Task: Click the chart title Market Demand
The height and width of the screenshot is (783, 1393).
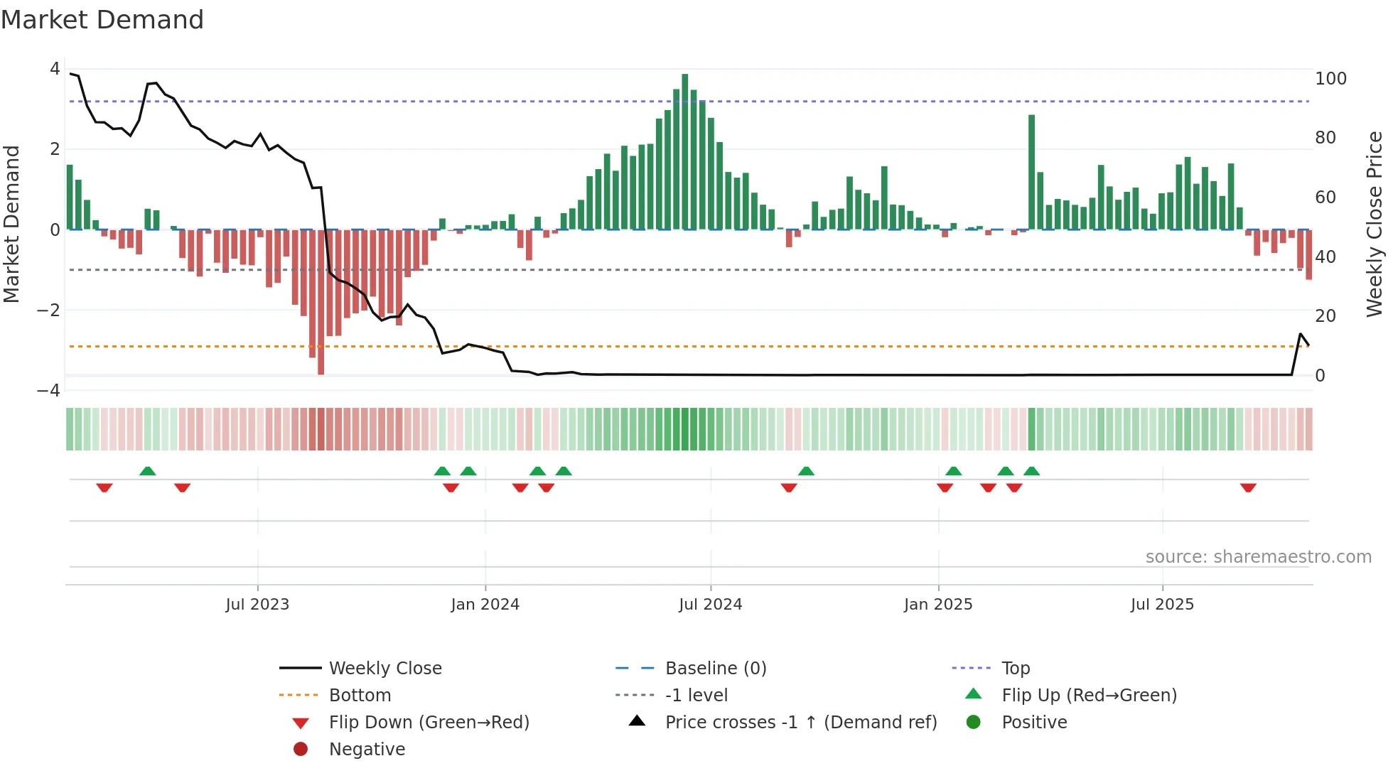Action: click(x=102, y=20)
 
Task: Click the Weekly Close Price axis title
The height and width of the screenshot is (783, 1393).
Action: click(x=1375, y=224)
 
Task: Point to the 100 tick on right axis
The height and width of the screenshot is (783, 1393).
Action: click(x=1330, y=79)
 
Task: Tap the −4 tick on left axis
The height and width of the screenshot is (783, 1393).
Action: click(x=48, y=390)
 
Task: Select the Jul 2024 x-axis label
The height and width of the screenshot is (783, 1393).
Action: click(x=710, y=605)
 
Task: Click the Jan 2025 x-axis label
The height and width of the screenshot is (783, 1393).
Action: click(x=937, y=605)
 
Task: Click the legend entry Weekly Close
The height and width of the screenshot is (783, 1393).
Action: click(x=384, y=668)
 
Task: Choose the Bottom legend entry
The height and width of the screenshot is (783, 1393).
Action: click(x=360, y=695)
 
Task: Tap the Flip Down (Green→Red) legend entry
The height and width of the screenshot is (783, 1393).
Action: click(x=429, y=722)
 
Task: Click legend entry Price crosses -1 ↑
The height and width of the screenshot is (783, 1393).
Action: click(x=800, y=722)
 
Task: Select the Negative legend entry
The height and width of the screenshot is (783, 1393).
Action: click(x=367, y=749)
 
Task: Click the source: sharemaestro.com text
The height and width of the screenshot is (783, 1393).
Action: click(x=1258, y=556)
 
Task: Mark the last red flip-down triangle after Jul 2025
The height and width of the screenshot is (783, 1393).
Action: click(x=1248, y=487)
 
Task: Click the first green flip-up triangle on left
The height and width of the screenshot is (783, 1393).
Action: click(x=147, y=471)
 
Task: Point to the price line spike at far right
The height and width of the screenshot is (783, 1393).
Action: click(x=1301, y=334)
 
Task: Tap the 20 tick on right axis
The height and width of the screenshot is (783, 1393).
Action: click(x=1325, y=315)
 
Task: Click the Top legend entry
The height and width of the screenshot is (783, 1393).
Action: click(x=1015, y=668)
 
